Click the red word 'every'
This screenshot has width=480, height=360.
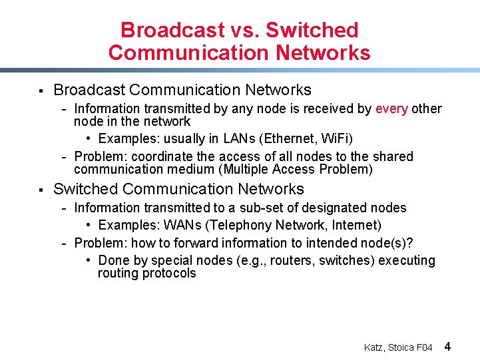pyautogui.click(x=391, y=108)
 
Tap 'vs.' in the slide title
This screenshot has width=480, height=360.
pyautogui.click(x=245, y=30)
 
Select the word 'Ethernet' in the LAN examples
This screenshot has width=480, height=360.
pyautogui.click(x=290, y=138)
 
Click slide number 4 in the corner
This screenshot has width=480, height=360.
pyautogui.click(x=447, y=346)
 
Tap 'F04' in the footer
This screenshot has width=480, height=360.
pyautogui.click(x=425, y=347)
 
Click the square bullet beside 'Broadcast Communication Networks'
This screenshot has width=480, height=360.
pyautogui.click(x=41, y=90)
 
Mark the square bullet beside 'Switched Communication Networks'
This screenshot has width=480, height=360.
pyautogui.click(x=41, y=190)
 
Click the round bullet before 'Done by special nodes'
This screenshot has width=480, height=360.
pyautogui.click(x=89, y=260)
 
